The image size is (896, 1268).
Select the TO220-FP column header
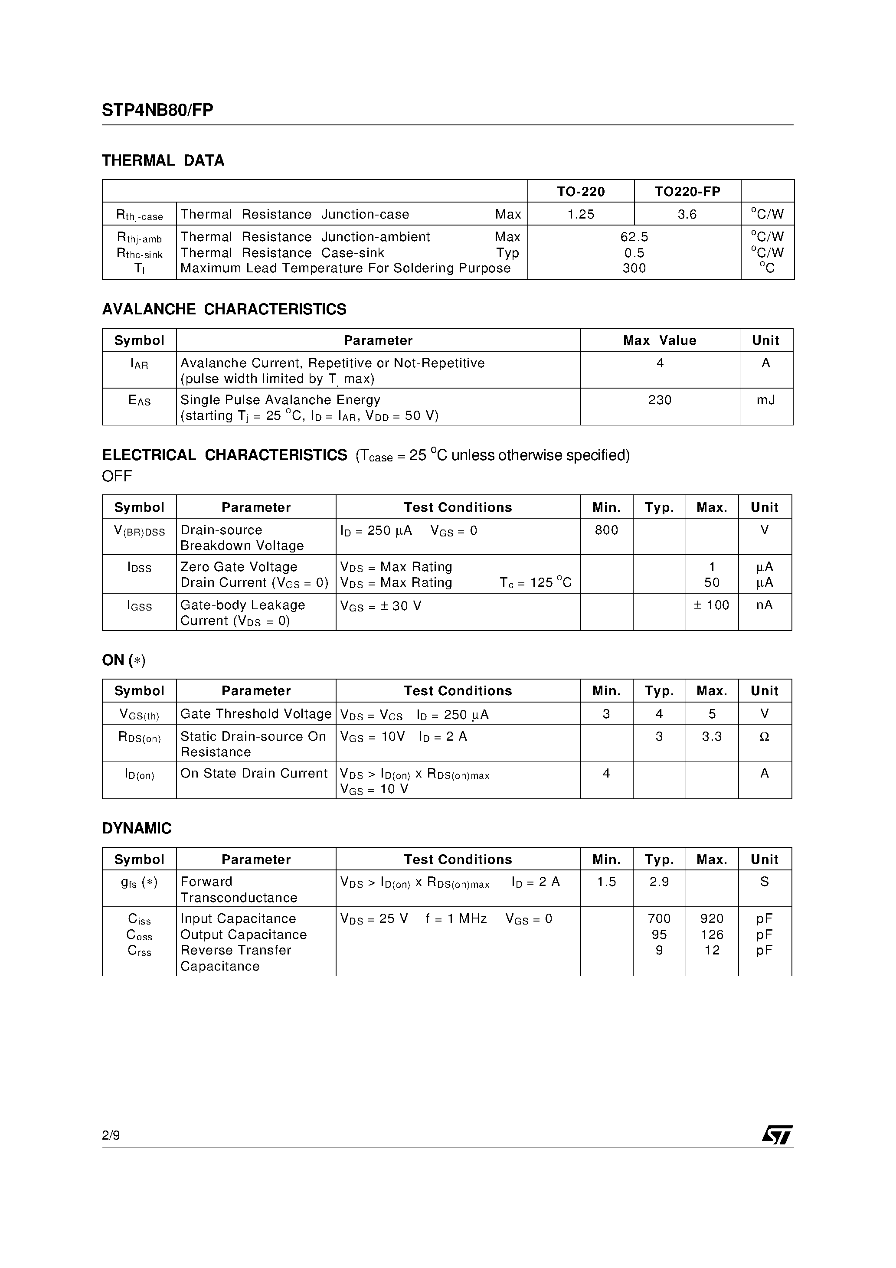687,192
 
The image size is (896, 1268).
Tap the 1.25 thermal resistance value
581,214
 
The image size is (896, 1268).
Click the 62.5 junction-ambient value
634,237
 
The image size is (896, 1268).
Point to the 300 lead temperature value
634,268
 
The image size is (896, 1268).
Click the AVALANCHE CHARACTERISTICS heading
224,309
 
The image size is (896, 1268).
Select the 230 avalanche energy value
660,400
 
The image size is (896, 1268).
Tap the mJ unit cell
765,400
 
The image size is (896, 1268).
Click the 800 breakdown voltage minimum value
606,530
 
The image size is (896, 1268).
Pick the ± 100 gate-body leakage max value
712,605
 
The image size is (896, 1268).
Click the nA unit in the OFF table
765,605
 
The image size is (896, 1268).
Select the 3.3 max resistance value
712,737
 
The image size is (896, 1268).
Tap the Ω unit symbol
765,737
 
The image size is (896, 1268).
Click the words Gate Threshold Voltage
256,714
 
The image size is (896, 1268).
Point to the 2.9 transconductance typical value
659,882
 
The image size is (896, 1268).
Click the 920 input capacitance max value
712,918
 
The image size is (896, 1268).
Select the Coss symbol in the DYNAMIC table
139,935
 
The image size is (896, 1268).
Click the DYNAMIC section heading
137,828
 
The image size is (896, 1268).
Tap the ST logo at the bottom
777,1135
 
